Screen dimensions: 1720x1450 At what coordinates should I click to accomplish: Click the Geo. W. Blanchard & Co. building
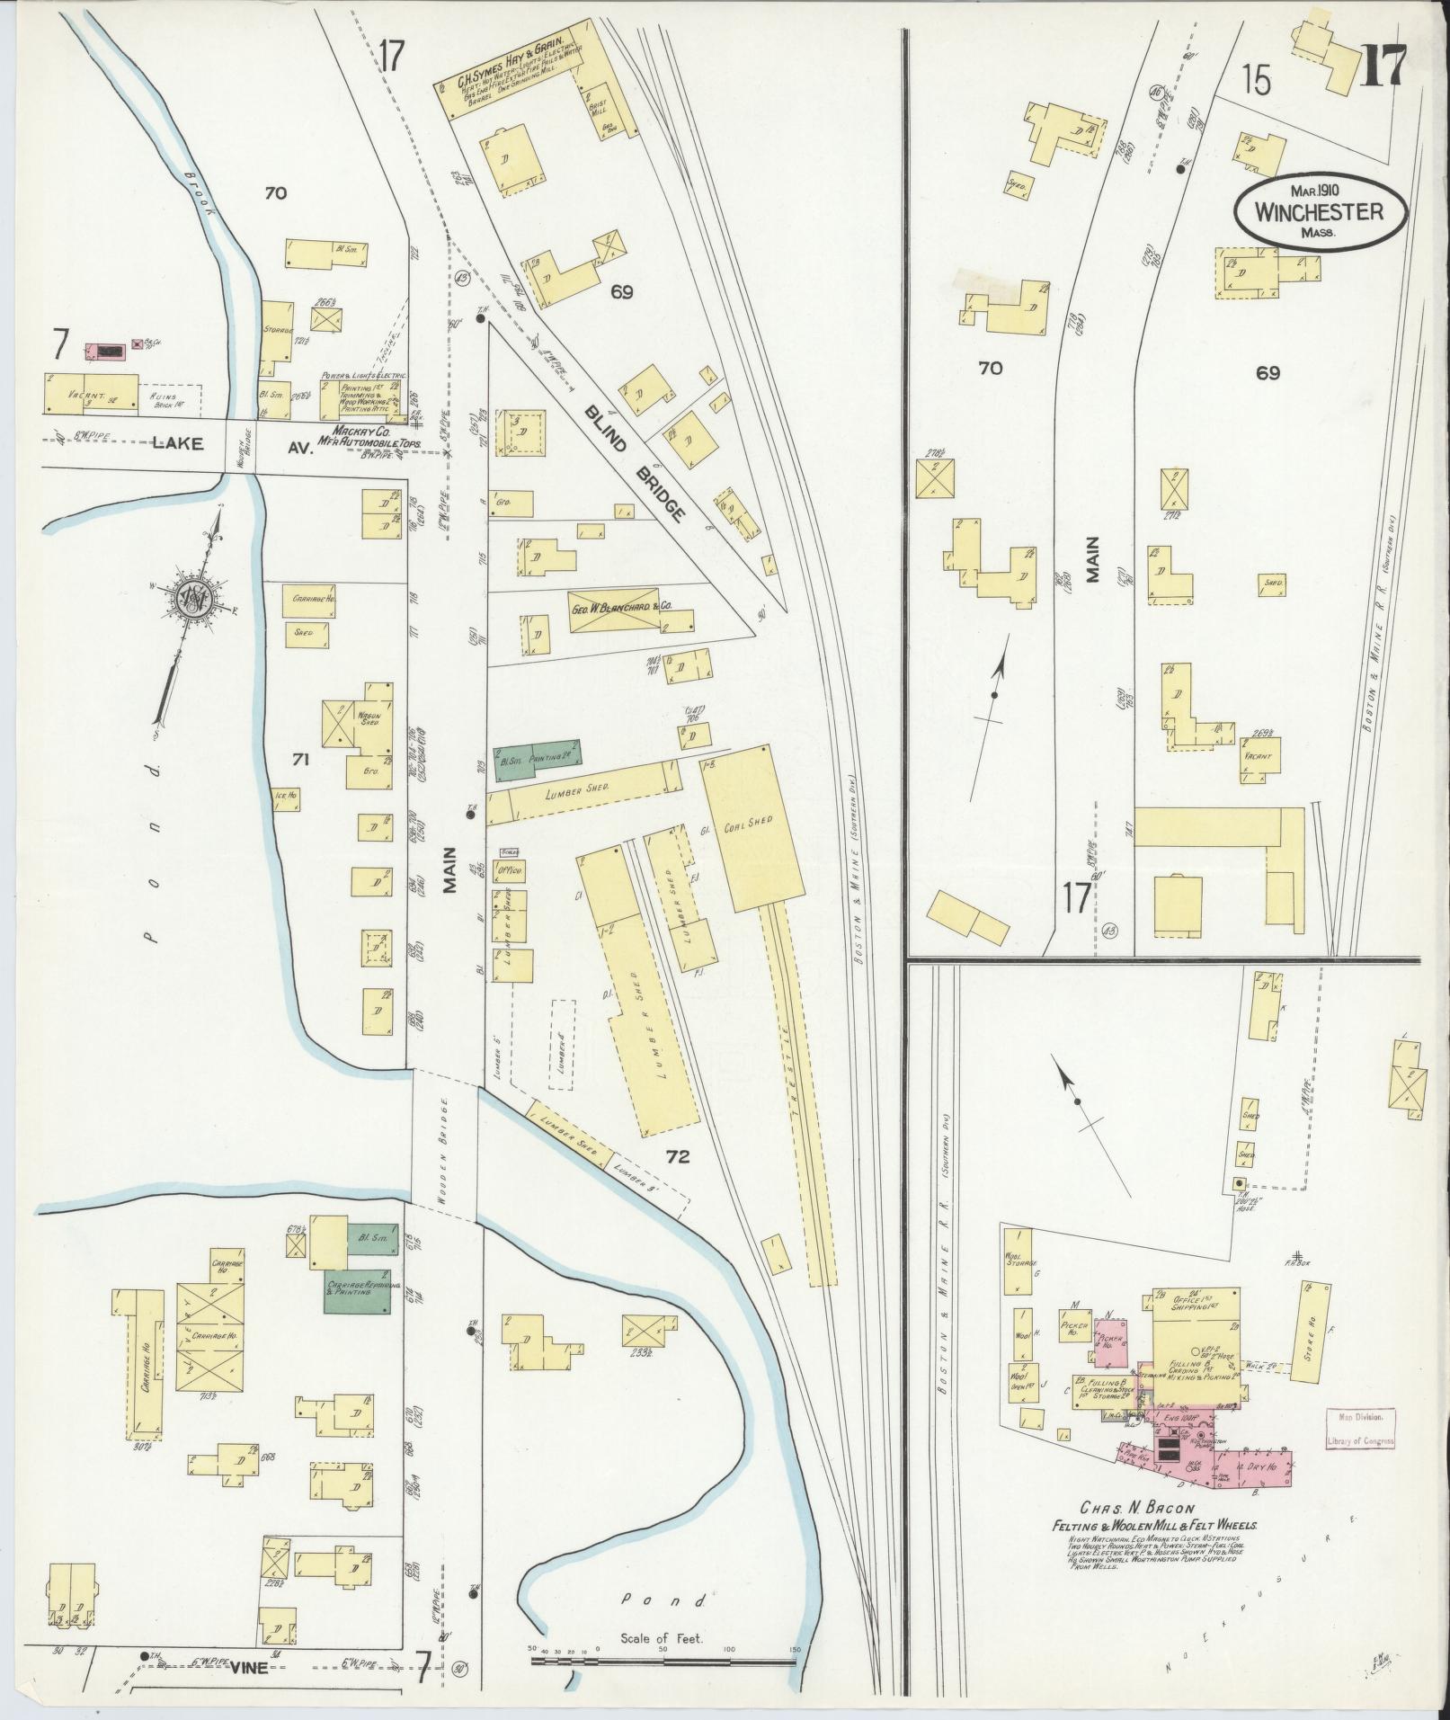[620, 609]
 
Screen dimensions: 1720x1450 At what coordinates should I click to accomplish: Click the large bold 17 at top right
[1384, 70]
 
